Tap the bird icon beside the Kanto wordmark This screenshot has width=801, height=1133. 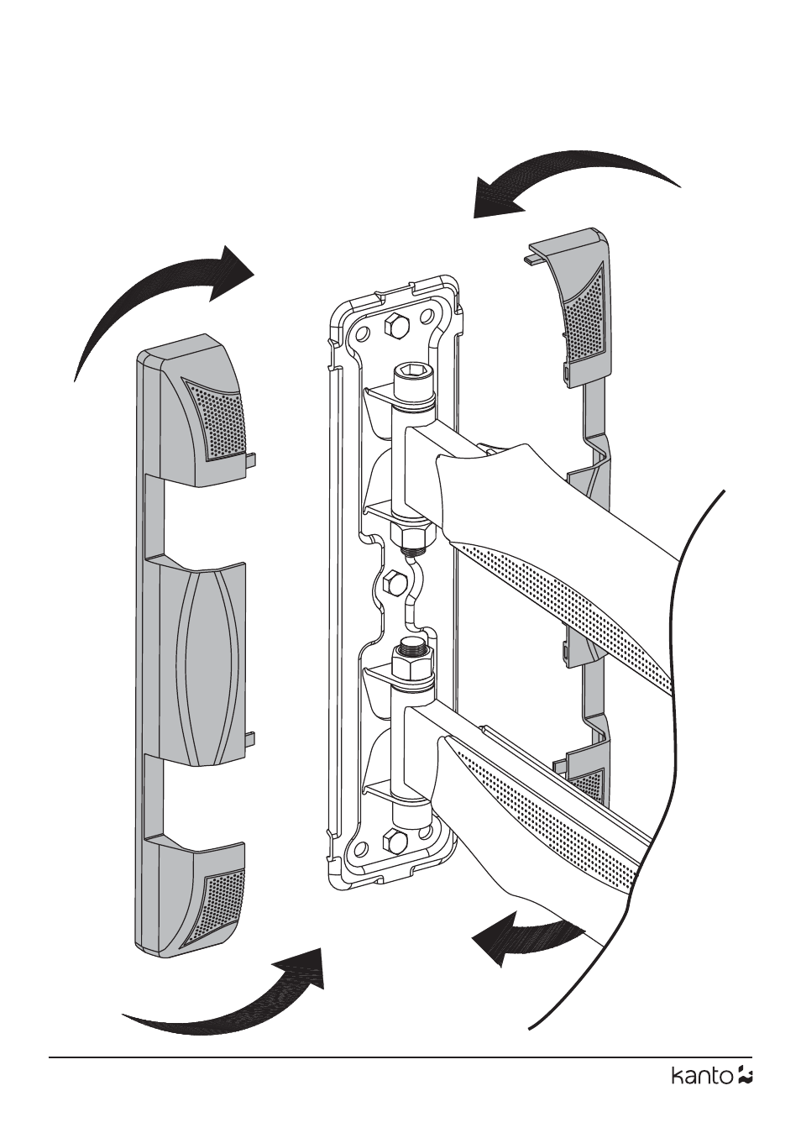coord(744,1075)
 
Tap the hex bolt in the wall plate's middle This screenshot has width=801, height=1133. coord(391,581)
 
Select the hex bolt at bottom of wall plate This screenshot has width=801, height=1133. coord(391,840)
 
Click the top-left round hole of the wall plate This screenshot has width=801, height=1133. coord(363,333)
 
